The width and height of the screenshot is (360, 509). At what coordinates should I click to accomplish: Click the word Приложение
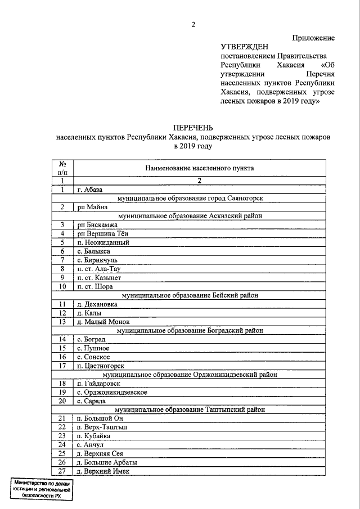(313, 38)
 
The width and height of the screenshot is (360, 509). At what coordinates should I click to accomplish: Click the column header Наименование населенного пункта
(199, 168)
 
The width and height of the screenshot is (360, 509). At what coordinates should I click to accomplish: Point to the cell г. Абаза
(90, 190)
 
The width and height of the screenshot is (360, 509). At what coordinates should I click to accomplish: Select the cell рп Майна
(92, 207)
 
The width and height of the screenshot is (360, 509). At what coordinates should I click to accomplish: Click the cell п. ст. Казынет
(98, 277)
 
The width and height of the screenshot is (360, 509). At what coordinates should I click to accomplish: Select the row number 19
(63, 392)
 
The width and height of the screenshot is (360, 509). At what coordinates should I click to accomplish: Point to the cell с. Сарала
(94, 401)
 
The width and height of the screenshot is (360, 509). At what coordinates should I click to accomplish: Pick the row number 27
(63, 471)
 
